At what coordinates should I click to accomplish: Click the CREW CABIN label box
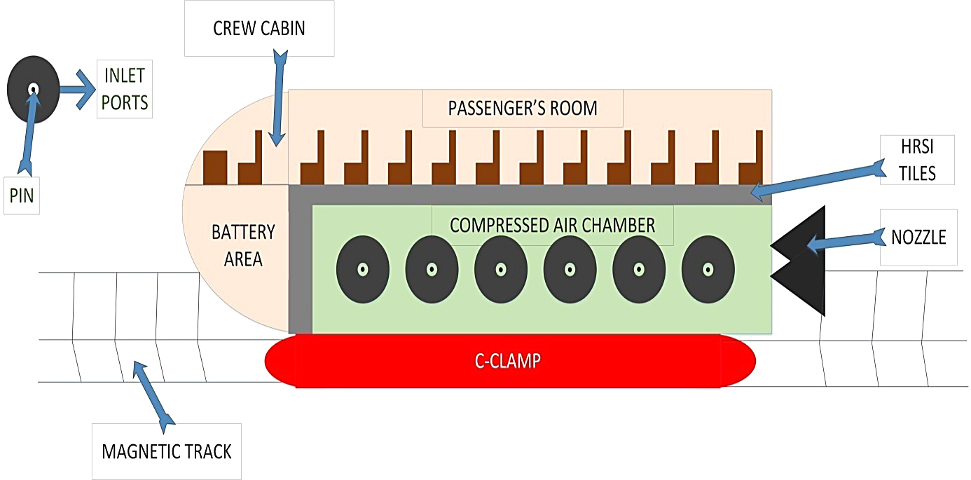click(259, 29)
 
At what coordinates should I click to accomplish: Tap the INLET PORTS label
click(125, 90)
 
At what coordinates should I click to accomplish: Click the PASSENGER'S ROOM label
click(523, 108)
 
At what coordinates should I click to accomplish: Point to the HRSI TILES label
click(918, 160)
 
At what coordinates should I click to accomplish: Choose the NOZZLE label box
click(918, 237)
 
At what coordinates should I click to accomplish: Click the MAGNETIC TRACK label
click(167, 451)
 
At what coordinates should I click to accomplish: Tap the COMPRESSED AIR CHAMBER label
click(552, 225)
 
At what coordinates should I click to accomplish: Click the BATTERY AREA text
click(244, 245)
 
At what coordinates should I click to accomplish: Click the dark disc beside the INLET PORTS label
click(33, 90)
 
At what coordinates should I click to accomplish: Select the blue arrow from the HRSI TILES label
click(816, 179)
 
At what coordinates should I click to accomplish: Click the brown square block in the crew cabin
click(215, 167)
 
